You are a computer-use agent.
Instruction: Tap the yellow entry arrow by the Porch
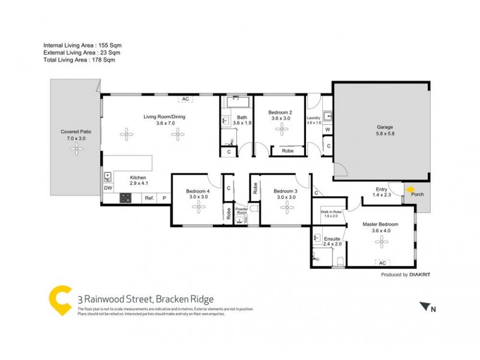[x=410, y=191]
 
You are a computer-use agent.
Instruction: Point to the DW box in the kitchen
[x=108, y=188]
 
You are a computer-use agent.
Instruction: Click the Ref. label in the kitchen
[x=149, y=198]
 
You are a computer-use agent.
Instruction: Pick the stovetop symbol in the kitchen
[x=126, y=197]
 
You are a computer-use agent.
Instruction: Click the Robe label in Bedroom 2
[x=287, y=152]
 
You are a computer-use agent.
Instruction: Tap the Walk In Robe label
[x=331, y=212]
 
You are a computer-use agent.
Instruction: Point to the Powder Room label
[x=241, y=211]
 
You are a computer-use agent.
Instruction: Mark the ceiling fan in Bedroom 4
[x=199, y=206]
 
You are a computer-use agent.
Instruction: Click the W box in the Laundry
[x=328, y=130]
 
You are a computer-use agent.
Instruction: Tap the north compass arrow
[x=427, y=307]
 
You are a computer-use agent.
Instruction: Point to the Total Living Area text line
[x=79, y=60]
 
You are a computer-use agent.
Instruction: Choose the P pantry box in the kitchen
[x=164, y=198]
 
